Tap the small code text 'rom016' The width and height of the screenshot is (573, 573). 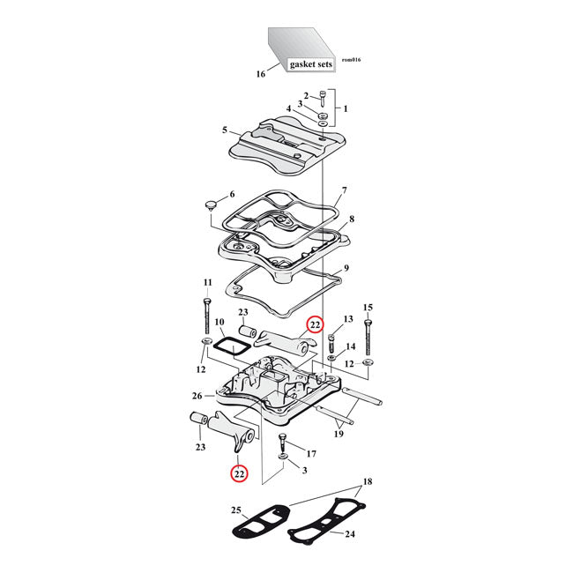tap(350, 60)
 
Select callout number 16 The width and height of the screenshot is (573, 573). tap(260, 74)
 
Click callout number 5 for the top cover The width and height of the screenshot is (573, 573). tap(225, 130)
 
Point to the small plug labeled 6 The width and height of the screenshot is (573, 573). tap(210, 205)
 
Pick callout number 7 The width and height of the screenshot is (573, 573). tap(345, 190)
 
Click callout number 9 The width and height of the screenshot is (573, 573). tap(346, 268)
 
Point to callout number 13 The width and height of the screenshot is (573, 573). tap(347, 317)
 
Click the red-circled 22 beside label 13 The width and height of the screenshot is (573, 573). tap(315, 325)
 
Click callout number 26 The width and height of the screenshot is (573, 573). tap(197, 397)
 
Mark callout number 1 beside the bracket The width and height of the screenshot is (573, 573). tap(346, 109)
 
